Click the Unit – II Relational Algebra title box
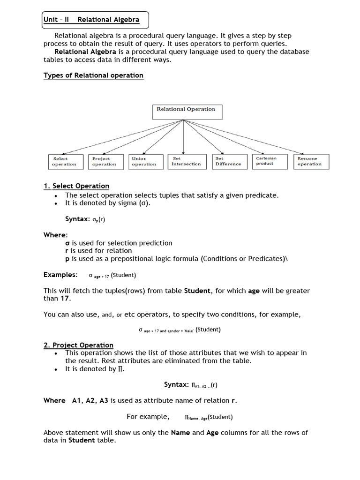pos(96,20)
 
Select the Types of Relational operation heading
pos(93,75)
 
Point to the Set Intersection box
pos(186,162)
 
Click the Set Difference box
pos(228,162)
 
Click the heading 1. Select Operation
pos(76,186)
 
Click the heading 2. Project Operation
pos(78,345)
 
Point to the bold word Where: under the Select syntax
pos(56,235)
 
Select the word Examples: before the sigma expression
pos(60,275)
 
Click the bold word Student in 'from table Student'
pos(197,291)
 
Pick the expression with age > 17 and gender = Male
pos(180,330)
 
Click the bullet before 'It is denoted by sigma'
pos(56,203)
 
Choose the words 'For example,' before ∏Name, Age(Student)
pos(148,417)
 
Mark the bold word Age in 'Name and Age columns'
pos(213,433)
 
